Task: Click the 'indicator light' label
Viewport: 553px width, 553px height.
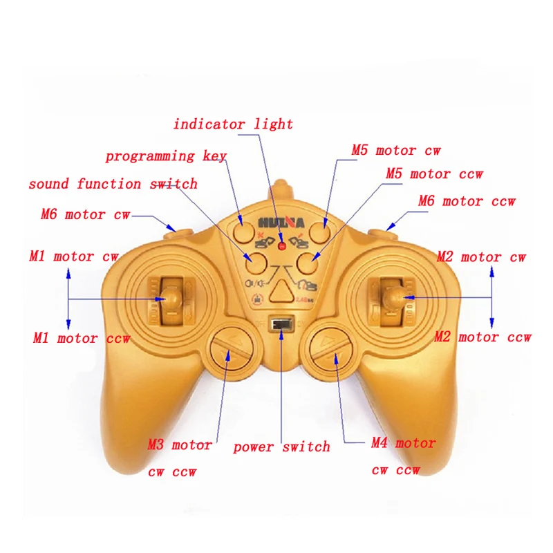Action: pyautogui.click(x=233, y=124)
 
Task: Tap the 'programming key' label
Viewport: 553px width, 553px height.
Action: pyautogui.click(x=165, y=156)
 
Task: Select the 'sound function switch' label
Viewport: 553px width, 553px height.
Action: pyautogui.click(x=113, y=184)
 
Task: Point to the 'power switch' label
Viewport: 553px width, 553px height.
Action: pyautogui.click(x=281, y=447)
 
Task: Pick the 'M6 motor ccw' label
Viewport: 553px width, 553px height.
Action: pyautogui.click(x=467, y=202)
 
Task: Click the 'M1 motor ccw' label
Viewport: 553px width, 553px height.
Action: pyautogui.click(x=81, y=339)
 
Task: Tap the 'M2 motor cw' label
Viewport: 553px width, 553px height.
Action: pyautogui.click(x=481, y=257)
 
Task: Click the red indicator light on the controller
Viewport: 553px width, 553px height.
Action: pyautogui.click(x=281, y=246)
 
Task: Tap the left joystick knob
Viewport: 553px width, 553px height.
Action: pyautogui.click(x=173, y=297)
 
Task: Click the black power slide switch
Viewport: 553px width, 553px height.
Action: pyautogui.click(x=281, y=325)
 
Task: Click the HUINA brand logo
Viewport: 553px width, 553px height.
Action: pyautogui.click(x=281, y=223)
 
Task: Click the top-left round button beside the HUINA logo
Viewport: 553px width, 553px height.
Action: pyautogui.click(x=243, y=230)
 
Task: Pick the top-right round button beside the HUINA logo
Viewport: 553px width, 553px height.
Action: pyautogui.click(x=318, y=231)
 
